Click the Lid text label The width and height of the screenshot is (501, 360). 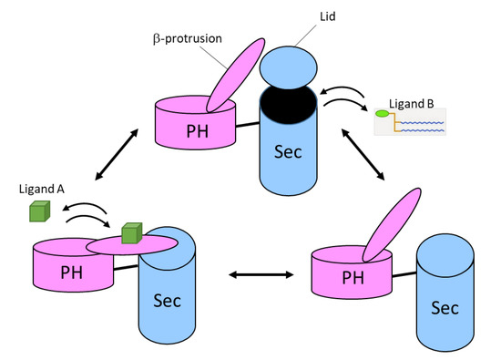click(x=328, y=16)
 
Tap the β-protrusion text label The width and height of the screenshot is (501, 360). click(x=188, y=38)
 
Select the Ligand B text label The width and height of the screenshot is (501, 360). click(x=412, y=104)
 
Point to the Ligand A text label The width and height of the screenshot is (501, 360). click(x=42, y=189)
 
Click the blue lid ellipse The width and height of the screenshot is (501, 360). click(x=289, y=67)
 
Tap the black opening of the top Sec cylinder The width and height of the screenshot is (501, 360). click(x=289, y=105)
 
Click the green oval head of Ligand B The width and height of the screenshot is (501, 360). click(x=383, y=113)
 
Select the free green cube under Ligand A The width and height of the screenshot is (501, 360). click(x=39, y=211)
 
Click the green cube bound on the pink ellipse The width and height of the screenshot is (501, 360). click(x=132, y=233)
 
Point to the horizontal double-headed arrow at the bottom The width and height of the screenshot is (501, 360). click(x=261, y=274)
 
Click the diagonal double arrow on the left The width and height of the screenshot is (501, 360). click(x=117, y=154)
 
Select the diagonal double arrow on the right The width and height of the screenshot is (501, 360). click(x=363, y=154)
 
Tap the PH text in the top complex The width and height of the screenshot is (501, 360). click(x=197, y=131)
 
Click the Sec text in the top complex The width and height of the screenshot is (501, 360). click(x=288, y=151)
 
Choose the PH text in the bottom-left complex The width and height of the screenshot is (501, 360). click(x=72, y=273)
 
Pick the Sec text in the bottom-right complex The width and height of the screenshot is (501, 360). click(x=445, y=308)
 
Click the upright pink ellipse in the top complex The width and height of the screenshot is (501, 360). click(x=236, y=75)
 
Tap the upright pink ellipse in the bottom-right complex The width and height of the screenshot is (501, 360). click(x=392, y=225)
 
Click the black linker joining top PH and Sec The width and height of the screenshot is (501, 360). click(x=248, y=124)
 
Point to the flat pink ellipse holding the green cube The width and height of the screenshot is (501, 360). click(x=132, y=245)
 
